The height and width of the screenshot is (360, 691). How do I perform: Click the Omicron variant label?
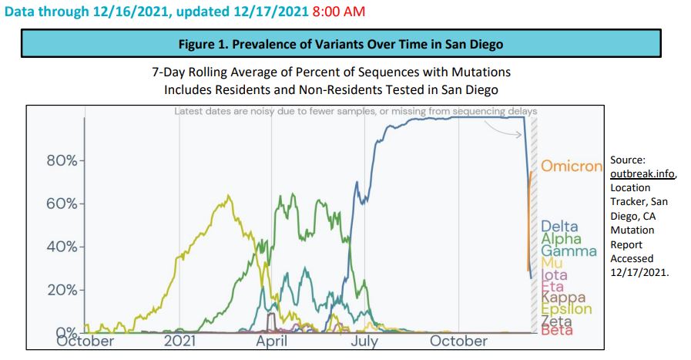tap(572, 166)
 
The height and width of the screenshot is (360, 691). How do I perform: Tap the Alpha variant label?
tap(561, 239)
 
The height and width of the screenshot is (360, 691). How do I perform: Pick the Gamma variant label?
tap(569, 251)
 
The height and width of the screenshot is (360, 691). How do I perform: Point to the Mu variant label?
tap(552, 263)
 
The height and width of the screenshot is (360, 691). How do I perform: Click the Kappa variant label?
tap(563, 298)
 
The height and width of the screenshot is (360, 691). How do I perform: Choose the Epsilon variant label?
tap(566, 309)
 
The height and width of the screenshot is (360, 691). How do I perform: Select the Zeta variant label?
tap(556, 321)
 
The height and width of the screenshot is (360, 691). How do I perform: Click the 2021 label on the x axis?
tap(179, 341)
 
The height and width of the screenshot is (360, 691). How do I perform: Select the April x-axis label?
tap(271, 341)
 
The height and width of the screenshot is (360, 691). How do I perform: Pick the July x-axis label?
tap(362, 341)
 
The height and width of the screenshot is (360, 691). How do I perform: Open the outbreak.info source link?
tap(642, 174)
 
